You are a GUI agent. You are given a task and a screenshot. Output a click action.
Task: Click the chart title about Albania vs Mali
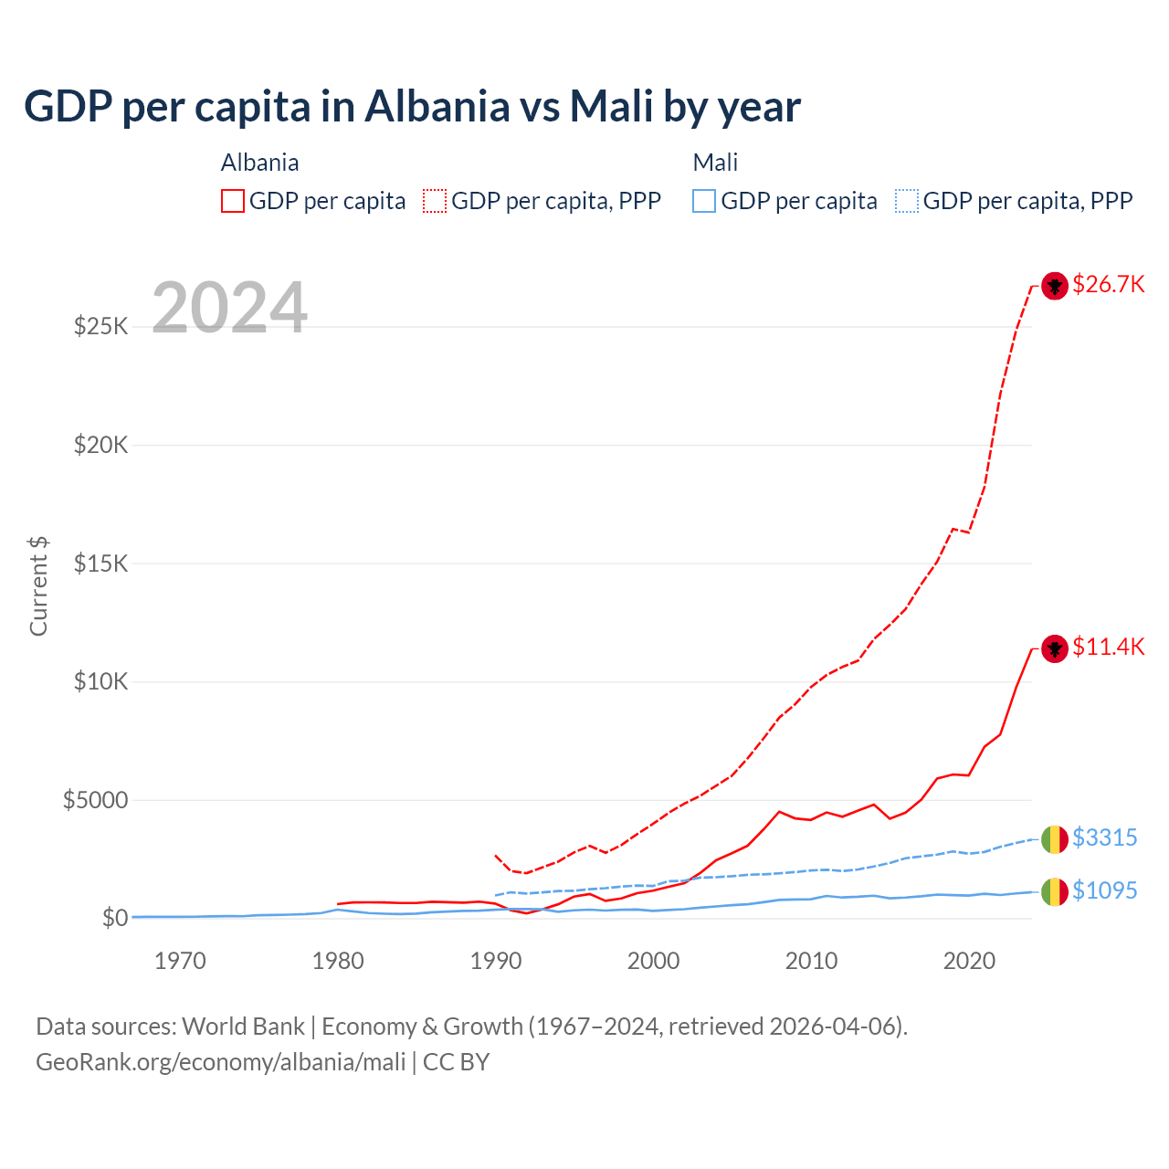click(412, 107)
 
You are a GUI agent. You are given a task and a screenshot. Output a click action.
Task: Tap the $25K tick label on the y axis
click(100, 326)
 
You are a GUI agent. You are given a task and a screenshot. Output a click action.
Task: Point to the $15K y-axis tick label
click(100, 563)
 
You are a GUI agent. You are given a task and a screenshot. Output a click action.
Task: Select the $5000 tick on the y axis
click(95, 801)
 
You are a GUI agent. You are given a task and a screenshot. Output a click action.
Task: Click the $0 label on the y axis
click(114, 918)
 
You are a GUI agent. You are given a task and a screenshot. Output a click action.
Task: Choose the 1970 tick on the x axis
click(180, 961)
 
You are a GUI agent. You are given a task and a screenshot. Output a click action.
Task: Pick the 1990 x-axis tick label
click(495, 961)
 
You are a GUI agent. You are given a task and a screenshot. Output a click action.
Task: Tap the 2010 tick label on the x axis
click(811, 961)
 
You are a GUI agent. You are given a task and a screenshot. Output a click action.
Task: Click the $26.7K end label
click(1108, 285)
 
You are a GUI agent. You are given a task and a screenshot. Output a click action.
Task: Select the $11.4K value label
click(1108, 648)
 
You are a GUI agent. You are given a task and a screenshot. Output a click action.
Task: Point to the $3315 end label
click(1104, 837)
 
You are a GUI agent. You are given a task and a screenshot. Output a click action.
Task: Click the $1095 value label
click(1104, 890)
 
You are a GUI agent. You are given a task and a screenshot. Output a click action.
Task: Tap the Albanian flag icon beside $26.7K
click(1055, 286)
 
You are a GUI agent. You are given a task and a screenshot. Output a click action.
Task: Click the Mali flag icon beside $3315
click(1055, 838)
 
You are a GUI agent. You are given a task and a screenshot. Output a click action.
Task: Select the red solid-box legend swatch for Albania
click(233, 201)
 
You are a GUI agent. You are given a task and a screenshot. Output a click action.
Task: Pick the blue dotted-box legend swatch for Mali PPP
click(907, 201)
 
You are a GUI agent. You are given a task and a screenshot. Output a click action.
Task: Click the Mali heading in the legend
click(715, 163)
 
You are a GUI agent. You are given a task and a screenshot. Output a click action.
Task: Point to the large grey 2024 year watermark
click(229, 308)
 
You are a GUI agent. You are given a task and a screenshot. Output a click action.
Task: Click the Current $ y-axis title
click(38, 586)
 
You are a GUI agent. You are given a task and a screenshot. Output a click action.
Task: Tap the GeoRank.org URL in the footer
click(220, 1062)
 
